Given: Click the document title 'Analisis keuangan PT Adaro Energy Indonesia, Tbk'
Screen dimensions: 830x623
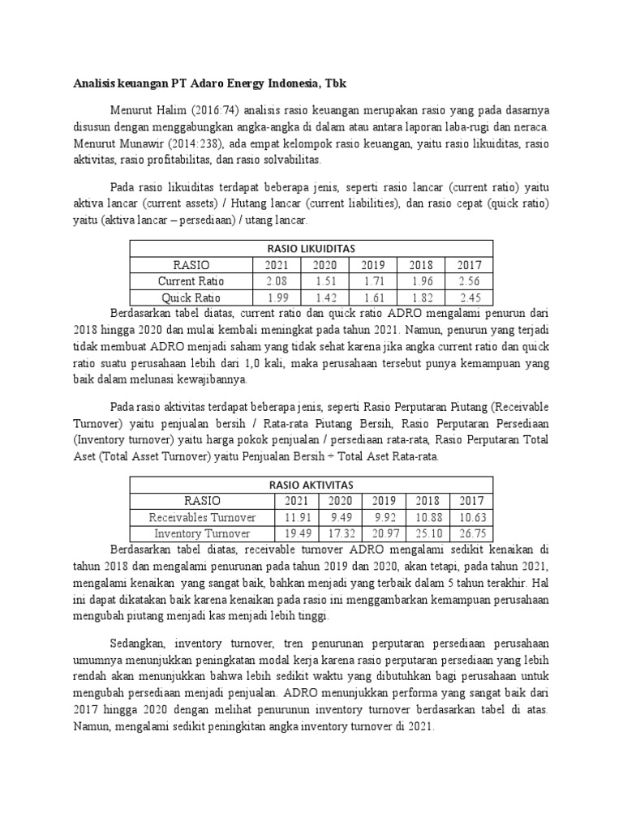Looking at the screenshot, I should point(210,83).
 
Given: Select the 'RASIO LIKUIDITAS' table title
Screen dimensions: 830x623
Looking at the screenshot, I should point(311,248).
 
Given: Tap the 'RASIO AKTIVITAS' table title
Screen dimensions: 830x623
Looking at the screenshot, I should point(311,484).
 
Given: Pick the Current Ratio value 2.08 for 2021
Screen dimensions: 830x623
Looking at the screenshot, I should point(276,280).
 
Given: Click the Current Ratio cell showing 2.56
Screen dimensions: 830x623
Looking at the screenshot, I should point(469,280).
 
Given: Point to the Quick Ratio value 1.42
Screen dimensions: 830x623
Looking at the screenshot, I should point(324,297).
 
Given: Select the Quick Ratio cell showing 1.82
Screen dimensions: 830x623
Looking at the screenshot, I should point(421,297).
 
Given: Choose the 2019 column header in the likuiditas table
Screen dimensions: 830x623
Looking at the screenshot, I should point(373,264).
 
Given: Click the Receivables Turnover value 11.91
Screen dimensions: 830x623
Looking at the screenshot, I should point(297,516).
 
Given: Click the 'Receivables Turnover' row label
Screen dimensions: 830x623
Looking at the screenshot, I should point(202,516).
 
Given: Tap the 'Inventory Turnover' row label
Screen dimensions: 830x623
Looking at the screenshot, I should point(202,533).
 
